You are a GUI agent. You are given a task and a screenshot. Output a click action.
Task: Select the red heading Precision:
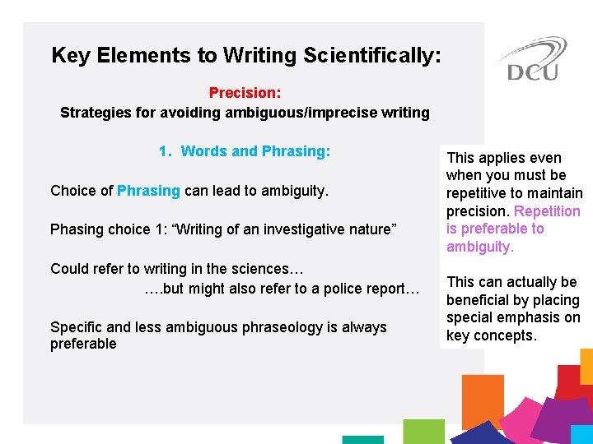pyautogui.click(x=245, y=93)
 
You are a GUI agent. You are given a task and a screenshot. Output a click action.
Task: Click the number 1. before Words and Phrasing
pyautogui.click(x=166, y=151)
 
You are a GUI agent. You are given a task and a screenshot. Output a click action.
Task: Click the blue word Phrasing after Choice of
pyautogui.click(x=148, y=191)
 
